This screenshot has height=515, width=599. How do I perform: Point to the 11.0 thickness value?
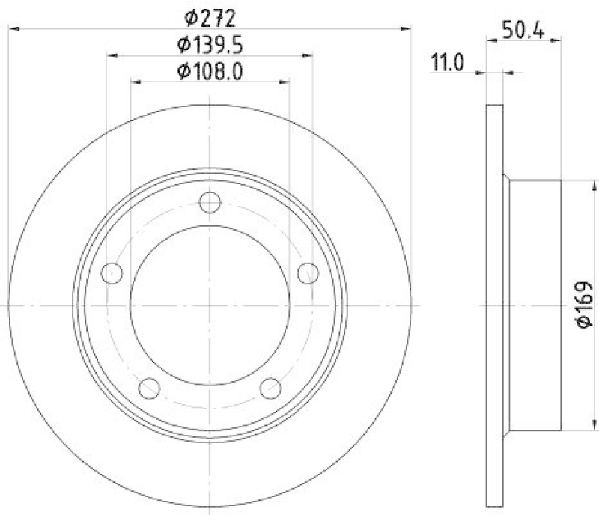point(448,63)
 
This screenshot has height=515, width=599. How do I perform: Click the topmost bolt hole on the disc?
point(210,202)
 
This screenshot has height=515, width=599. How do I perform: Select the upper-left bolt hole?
point(112,273)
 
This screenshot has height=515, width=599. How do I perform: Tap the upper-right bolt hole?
point(308,273)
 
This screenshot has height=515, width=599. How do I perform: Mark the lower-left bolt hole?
point(150,388)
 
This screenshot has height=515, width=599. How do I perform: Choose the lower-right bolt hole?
point(270,388)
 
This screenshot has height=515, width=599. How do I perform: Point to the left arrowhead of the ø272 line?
point(13,28)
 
